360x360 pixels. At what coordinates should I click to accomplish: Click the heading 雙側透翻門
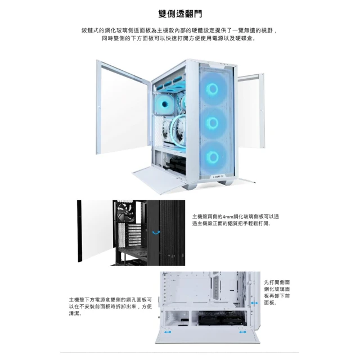click(180, 13)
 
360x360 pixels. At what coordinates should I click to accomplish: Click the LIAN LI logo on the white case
click(218, 177)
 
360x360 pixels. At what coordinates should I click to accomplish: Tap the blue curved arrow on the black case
click(156, 232)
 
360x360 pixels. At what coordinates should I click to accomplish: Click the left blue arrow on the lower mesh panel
click(168, 332)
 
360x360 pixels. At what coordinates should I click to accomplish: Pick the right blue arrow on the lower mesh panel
click(242, 332)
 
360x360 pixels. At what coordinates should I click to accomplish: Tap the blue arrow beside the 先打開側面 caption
click(254, 303)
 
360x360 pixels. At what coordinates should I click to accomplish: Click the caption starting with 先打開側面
click(277, 292)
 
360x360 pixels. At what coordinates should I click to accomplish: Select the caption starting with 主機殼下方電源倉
click(110, 307)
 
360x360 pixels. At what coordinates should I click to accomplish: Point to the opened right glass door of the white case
click(251, 111)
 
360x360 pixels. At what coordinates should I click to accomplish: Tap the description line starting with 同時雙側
click(179, 38)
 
